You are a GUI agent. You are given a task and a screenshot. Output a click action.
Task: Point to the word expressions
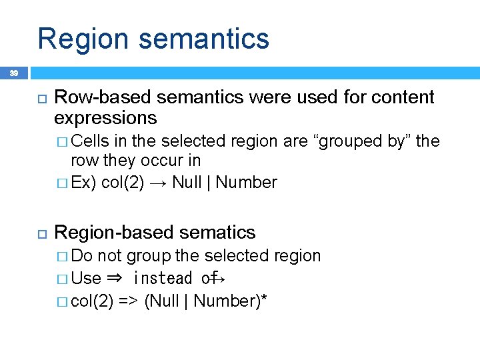pos(105,119)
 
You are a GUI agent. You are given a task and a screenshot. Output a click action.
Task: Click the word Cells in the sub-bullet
pos(92,141)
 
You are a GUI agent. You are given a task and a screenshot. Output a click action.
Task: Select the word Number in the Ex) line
pos(247,182)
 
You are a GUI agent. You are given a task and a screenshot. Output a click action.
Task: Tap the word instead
pos(163,278)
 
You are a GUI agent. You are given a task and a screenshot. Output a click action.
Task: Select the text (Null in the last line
pos(162,301)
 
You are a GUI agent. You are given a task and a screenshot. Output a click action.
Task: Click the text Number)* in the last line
pos(231,301)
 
